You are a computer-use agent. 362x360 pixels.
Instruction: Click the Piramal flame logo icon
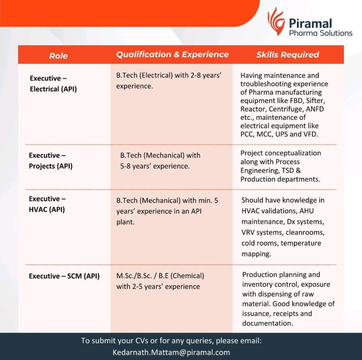click(276, 21)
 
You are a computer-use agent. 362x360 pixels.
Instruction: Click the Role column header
click(58, 55)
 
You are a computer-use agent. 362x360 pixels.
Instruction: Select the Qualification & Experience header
click(173, 54)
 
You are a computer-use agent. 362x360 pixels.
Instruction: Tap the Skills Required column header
click(287, 55)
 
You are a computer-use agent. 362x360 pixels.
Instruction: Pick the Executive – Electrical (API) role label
click(53, 84)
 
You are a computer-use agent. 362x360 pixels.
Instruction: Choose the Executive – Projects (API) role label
click(51, 161)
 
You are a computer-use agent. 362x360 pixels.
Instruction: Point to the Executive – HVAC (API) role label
click(47, 204)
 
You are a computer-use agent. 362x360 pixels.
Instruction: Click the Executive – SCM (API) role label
click(64, 276)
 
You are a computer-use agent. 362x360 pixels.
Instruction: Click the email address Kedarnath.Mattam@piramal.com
click(171, 353)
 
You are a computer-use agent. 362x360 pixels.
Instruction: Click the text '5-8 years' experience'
click(155, 166)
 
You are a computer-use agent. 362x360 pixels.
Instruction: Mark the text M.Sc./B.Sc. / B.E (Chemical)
click(160, 275)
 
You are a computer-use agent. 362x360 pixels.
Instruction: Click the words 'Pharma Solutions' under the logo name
click(321, 33)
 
